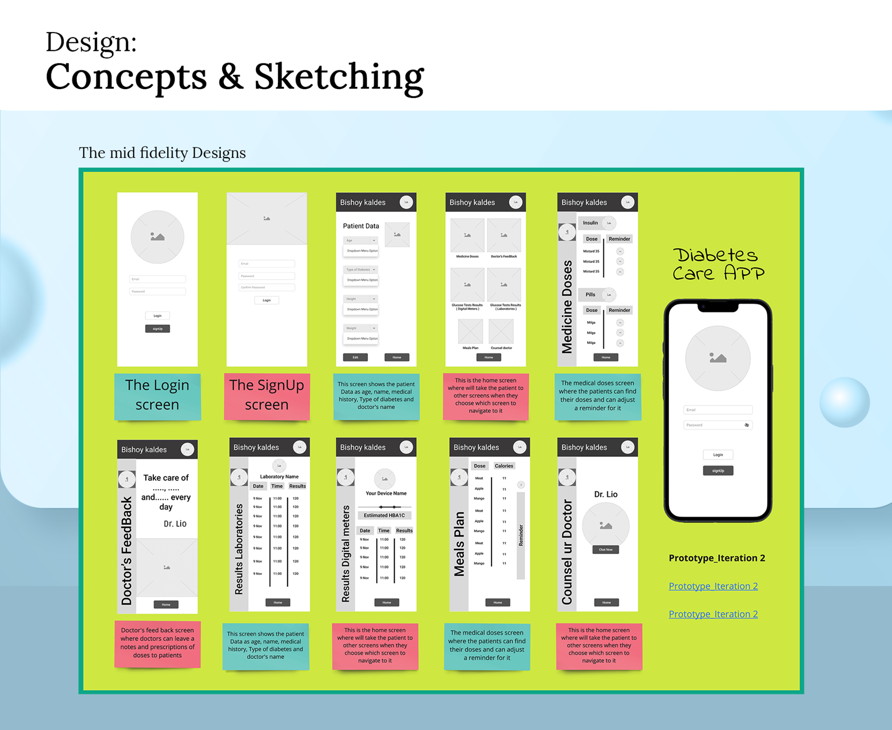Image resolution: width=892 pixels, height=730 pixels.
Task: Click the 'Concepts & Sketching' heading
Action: tap(235, 77)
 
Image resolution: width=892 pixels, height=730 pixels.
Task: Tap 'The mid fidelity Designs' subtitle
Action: tap(162, 153)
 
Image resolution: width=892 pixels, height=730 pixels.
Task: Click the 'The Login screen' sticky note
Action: tap(157, 395)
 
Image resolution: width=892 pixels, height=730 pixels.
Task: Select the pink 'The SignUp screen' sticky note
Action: tap(267, 395)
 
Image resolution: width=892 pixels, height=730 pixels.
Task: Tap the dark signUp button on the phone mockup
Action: tap(718, 470)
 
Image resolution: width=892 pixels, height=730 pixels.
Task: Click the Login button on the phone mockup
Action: tap(718, 455)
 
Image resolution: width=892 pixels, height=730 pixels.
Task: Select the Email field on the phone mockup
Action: tap(718, 410)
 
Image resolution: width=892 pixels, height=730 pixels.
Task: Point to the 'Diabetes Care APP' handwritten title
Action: tap(718, 264)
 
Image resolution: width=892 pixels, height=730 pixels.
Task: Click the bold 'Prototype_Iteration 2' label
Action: tap(717, 558)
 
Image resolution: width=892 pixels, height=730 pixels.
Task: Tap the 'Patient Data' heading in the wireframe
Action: tap(361, 226)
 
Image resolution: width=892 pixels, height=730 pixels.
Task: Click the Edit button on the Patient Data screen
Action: tap(355, 357)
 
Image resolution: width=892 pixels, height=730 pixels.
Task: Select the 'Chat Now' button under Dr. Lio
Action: tap(605, 549)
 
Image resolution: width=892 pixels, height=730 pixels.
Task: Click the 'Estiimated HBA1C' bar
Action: tap(384, 515)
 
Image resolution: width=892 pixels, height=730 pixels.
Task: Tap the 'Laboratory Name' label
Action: tap(279, 476)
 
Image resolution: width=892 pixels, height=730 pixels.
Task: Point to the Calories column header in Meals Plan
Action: tap(504, 466)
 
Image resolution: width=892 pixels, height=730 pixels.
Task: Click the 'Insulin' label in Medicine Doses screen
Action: tap(590, 223)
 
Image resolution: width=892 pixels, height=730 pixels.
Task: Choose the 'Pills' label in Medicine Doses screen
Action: tap(590, 294)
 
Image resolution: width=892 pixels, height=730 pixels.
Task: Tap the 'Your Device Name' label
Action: tap(386, 493)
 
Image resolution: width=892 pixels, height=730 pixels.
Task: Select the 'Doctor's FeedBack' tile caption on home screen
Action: tap(504, 256)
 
